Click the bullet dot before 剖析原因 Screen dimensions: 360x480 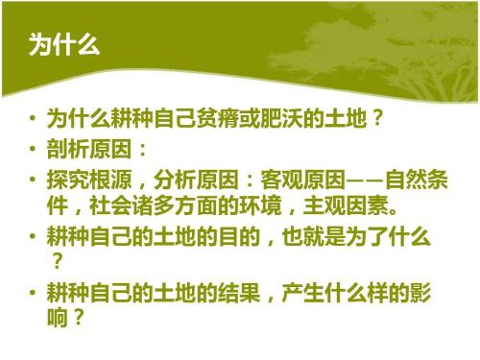(x=34, y=151)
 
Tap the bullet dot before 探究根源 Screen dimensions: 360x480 (x=34, y=180)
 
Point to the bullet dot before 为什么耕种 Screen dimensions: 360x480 (x=34, y=122)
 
